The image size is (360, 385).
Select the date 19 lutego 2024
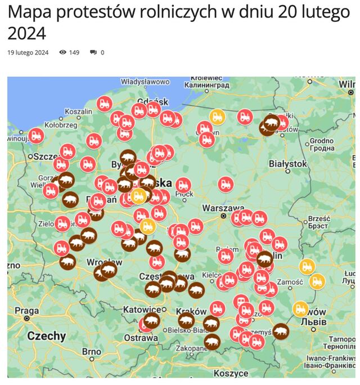[28, 52]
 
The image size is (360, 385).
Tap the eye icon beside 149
[63, 52]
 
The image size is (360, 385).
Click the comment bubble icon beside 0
[93, 52]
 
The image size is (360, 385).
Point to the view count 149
[74, 52]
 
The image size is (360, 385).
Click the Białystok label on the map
[288, 164]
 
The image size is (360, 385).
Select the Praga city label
[26, 311]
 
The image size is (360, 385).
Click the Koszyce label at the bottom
[231, 373]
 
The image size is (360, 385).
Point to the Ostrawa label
[141, 338]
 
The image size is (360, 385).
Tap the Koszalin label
[78, 111]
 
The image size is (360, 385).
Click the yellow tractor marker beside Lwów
[300, 308]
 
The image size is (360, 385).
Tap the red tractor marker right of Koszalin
[104, 104]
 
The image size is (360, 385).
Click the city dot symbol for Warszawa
[223, 216]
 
